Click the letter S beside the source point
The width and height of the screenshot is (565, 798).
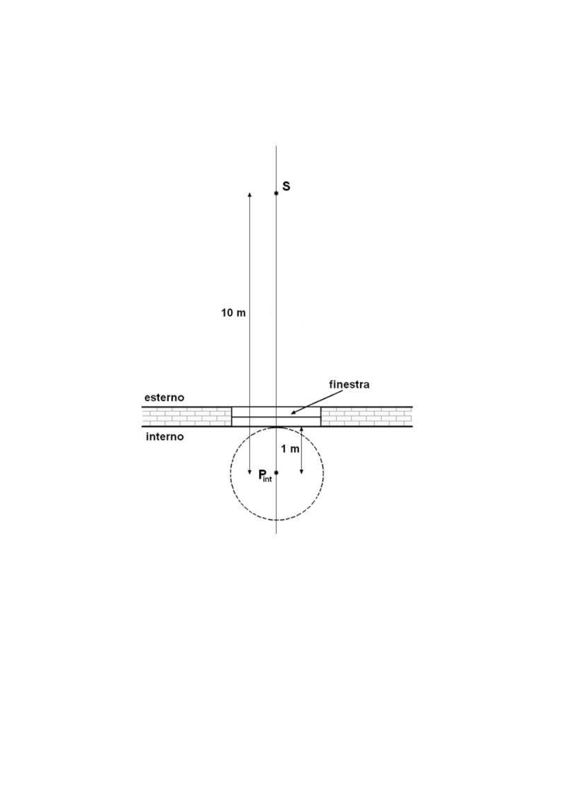point(286,186)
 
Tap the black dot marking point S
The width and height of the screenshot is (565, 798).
point(276,193)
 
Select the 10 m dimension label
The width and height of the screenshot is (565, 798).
point(233,313)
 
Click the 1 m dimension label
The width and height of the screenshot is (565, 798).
point(290,449)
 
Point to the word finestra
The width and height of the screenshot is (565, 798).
point(349,384)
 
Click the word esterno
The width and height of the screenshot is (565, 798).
point(164,398)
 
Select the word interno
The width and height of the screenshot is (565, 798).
point(165,437)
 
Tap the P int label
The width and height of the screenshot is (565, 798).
point(265,476)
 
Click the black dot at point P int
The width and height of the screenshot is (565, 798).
point(276,473)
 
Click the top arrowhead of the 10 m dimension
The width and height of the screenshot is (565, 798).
point(250,194)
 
